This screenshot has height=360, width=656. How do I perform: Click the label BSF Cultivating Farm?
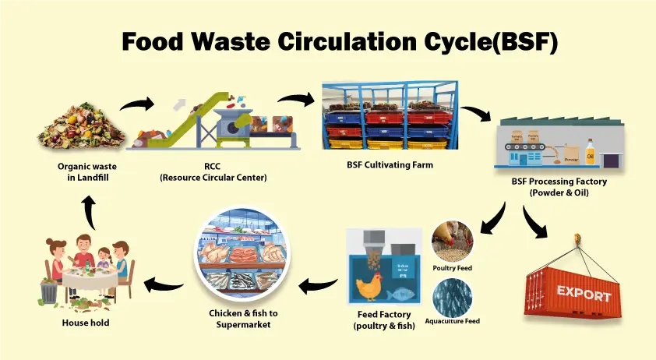(x=389, y=165)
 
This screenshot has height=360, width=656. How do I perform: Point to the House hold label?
(x=86, y=323)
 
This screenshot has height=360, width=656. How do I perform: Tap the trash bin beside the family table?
(x=49, y=292)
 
